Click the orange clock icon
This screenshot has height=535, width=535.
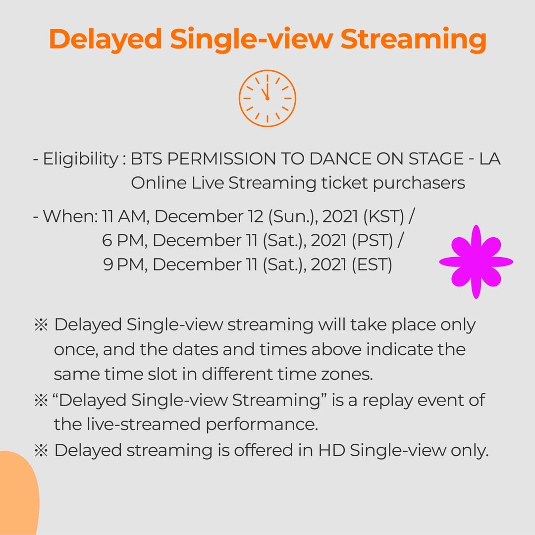click(x=267, y=98)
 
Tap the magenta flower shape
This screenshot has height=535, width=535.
click(x=476, y=262)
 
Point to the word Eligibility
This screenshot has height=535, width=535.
click(x=81, y=160)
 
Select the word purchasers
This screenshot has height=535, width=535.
click(x=419, y=184)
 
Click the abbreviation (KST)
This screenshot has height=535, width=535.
click(x=383, y=216)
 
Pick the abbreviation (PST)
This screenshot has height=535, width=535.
click(x=373, y=240)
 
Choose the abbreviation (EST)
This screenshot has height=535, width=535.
click(x=372, y=265)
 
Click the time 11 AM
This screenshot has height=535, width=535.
click(x=124, y=216)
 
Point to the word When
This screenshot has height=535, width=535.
click(x=70, y=216)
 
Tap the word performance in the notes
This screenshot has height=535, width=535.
click(x=262, y=425)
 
